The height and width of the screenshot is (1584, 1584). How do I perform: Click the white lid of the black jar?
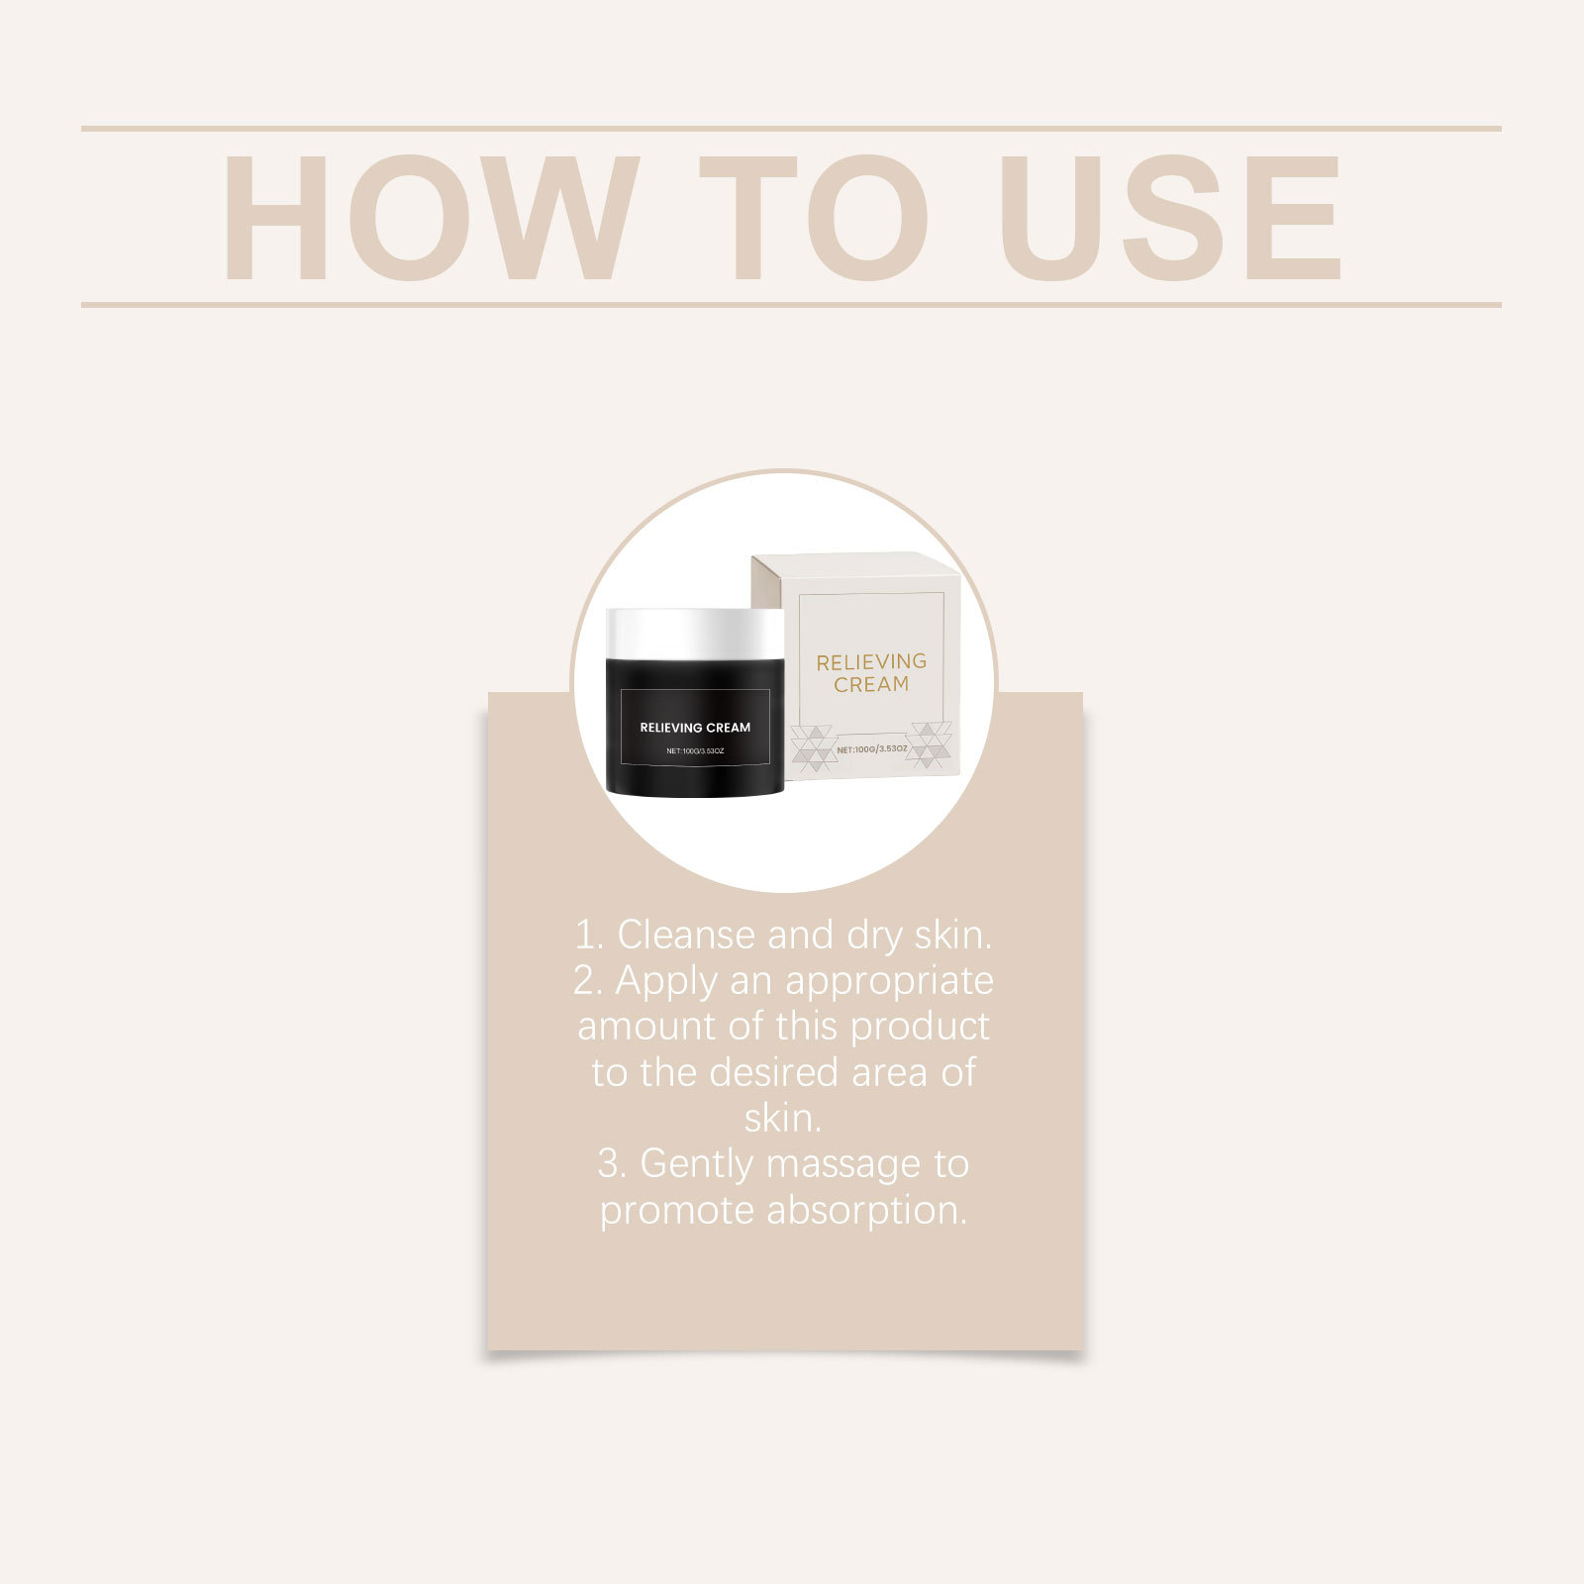(x=696, y=633)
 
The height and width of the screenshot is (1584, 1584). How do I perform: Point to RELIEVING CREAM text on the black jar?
(x=695, y=728)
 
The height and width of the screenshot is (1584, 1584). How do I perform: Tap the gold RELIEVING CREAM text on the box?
(x=871, y=672)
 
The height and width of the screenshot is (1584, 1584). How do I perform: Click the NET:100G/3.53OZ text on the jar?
(x=695, y=751)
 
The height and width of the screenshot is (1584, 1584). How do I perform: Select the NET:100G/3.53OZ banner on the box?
(x=871, y=749)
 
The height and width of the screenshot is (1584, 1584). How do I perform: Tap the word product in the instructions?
(x=920, y=1027)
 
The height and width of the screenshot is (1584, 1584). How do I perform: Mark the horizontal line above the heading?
(x=791, y=129)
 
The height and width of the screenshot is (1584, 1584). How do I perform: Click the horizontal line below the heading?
(x=791, y=305)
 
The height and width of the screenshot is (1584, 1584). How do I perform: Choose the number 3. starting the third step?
(x=612, y=1164)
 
